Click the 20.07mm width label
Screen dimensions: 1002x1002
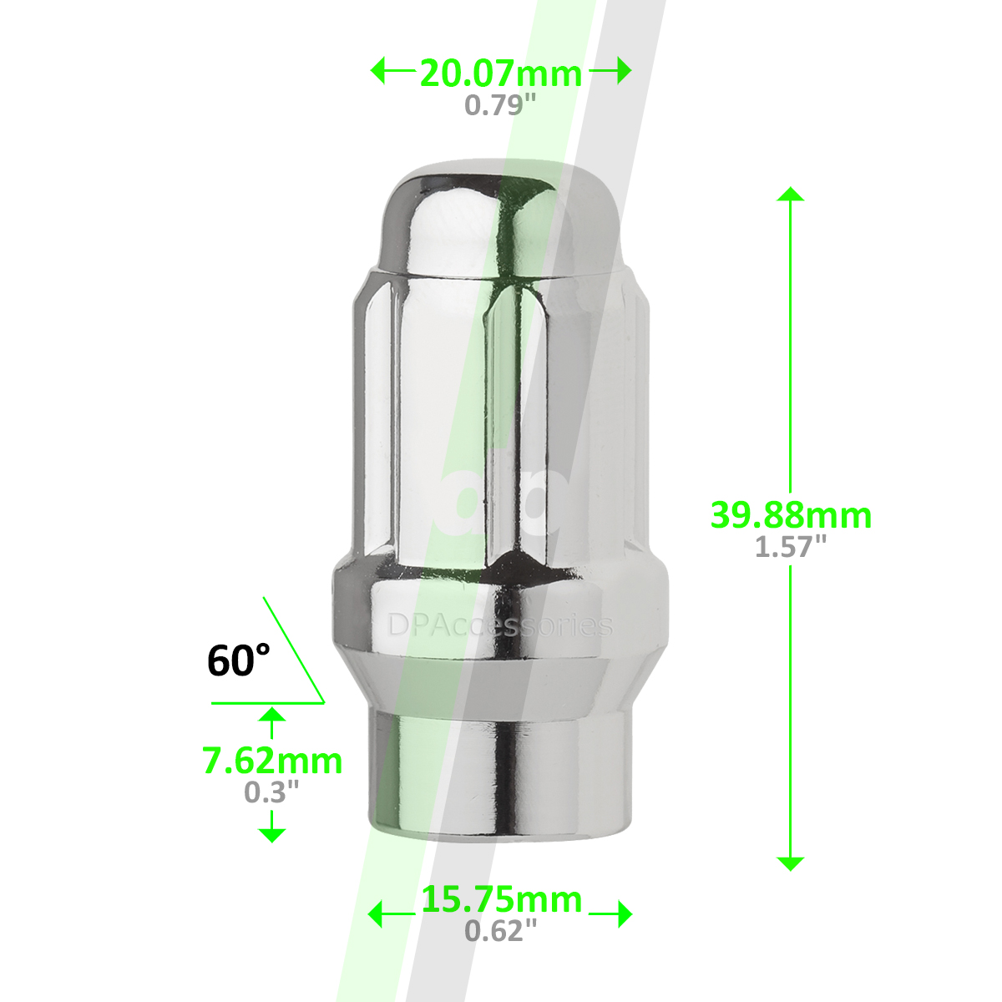click(x=500, y=73)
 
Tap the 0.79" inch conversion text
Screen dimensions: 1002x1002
click(x=500, y=105)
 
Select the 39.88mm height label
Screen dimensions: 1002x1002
click(x=791, y=514)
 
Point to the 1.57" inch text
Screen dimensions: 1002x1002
click(x=791, y=547)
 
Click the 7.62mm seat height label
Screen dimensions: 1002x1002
click(x=272, y=761)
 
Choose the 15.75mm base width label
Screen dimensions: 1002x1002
click(x=501, y=899)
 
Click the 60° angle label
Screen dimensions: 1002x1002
click(x=239, y=660)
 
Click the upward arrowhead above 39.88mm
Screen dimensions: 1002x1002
click(x=790, y=195)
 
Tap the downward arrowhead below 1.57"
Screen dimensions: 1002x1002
click(x=790, y=863)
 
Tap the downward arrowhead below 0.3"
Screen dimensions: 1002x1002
click(x=272, y=833)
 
